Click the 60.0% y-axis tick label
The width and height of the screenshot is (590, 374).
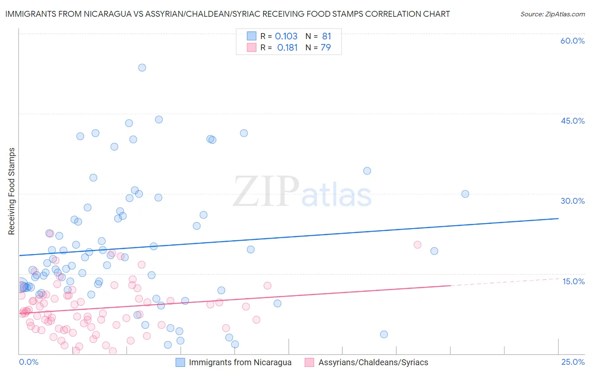[x=572, y=41]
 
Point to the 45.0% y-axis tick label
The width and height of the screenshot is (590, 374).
[x=572, y=121]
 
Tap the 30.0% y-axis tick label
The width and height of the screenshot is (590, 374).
[x=572, y=201]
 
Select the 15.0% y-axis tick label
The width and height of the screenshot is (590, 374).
[x=573, y=281]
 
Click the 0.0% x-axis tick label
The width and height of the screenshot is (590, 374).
[x=29, y=362]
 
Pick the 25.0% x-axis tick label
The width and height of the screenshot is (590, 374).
[x=573, y=362]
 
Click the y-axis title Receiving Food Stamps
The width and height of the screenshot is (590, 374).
[x=12, y=191]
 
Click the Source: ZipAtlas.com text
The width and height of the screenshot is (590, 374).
[x=552, y=14]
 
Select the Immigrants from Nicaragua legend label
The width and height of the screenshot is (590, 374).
[x=240, y=362]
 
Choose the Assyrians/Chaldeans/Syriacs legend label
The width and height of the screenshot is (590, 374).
[x=373, y=362]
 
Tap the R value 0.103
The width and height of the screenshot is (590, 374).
[x=286, y=36]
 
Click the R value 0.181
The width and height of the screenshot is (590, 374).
[x=287, y=47]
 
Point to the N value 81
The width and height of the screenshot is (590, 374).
[x=326, y=36]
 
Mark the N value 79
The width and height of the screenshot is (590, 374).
[x=326, y=47]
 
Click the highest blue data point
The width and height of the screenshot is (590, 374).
[x=142, y=68]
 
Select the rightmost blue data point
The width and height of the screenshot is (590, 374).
[x=465, y=194]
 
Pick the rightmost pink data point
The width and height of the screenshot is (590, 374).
[x=417, y=245]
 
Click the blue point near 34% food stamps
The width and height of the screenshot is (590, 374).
[x=367, y=171]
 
